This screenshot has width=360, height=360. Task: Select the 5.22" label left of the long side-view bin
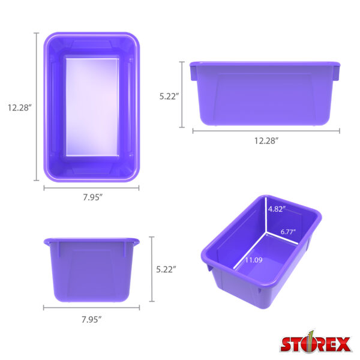169,96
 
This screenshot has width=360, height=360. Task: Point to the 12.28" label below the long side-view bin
266,141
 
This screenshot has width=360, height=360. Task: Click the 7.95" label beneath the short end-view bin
91,319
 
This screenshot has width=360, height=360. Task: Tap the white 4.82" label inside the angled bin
277,209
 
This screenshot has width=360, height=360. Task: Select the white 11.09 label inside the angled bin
252,260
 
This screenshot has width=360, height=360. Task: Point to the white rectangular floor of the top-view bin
92,106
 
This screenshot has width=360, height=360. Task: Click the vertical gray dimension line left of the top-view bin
37,107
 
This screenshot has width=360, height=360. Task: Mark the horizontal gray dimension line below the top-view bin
91,188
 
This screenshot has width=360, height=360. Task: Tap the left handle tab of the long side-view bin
193,72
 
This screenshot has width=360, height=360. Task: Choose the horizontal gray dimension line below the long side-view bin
266,130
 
